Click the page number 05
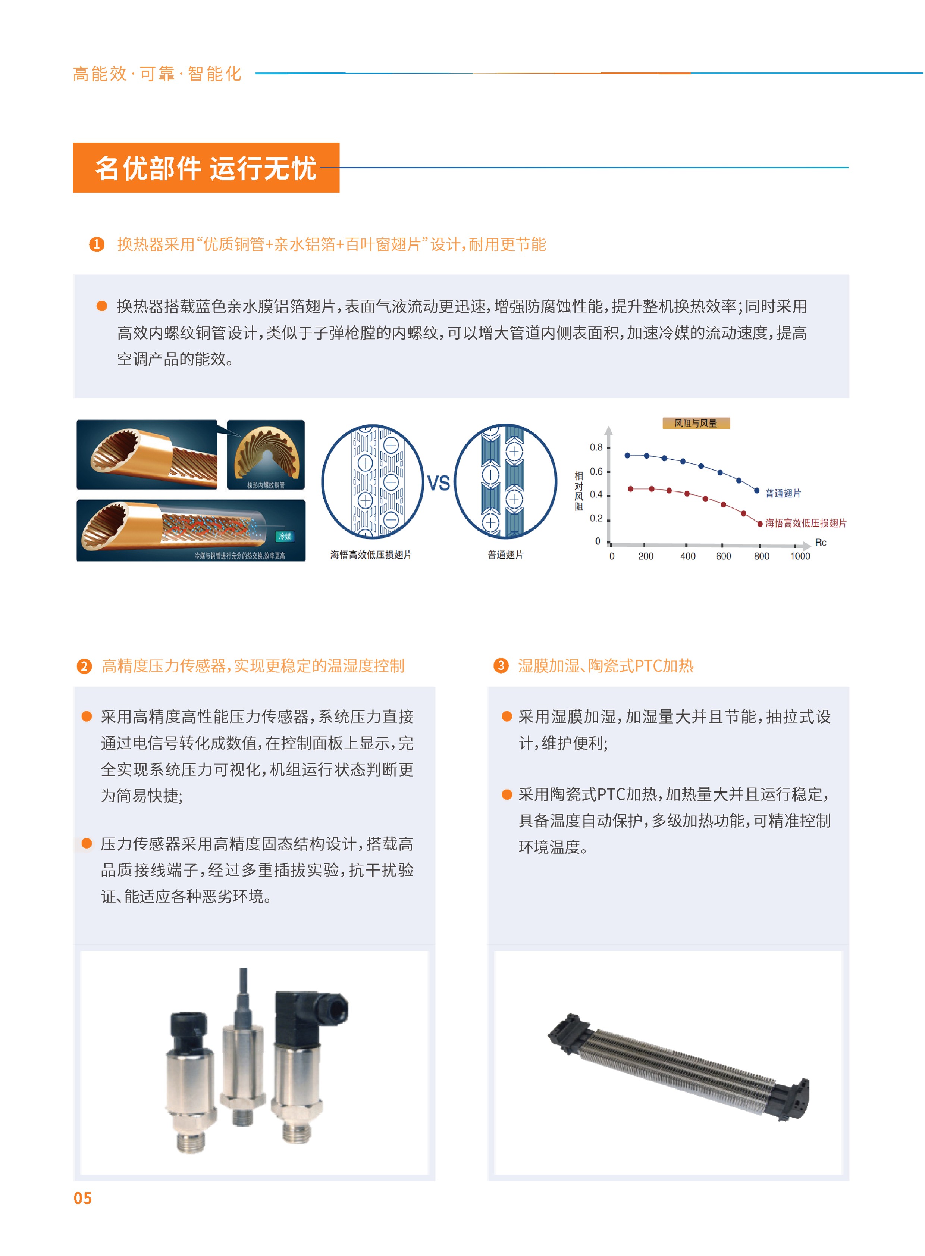(83, 1198)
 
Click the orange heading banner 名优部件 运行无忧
(206, 168)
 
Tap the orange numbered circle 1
(97, 244)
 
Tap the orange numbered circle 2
(84, 666)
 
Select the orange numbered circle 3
(501, 666)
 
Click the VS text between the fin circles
(438, 483)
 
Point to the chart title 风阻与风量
(696, 424)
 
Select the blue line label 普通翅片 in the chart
(783, 493)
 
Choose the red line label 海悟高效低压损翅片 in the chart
(806, 523)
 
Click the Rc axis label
(821, 542)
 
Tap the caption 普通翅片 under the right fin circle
(506, 554)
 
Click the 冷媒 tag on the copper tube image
(285, 536)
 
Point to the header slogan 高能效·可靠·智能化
(157, 74)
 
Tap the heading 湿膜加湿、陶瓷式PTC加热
(606, 666)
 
